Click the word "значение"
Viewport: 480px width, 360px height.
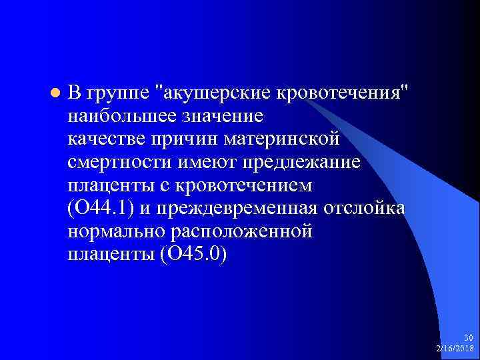(x=228, y=116)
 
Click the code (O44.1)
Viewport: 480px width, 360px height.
(x=101, y=208)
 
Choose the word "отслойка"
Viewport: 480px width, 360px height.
(x=364, y=208)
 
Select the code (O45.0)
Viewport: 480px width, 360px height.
(x=193, y=254)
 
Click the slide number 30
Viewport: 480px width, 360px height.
(x=468, y=338)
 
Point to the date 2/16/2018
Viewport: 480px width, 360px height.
(x=455, y=348)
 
